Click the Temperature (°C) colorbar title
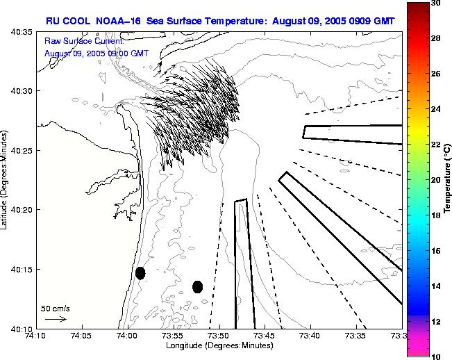pos(449,179)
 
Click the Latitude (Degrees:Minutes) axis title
pos(6,179)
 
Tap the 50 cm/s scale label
pos(55,308)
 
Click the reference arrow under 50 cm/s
pos(55,319)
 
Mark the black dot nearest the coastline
pos(140,273)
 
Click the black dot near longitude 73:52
pos(197,286)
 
